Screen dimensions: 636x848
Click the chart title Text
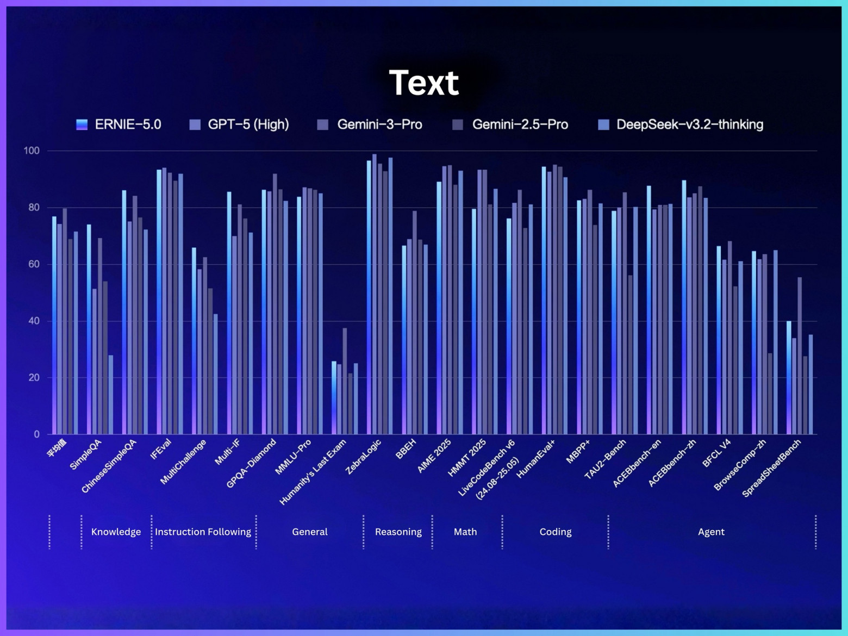(424, 83)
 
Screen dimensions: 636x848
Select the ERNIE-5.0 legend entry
(119, 124)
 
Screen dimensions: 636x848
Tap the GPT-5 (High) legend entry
(239, 124)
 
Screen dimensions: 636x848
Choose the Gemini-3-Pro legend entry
(370, 124)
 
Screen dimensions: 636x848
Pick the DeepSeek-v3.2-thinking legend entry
(681, 124)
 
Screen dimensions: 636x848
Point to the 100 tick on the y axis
(32, 151)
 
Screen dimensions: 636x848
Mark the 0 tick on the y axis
(36, 434)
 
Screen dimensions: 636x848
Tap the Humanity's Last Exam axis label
(313, 472)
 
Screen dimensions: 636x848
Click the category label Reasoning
(398, 532)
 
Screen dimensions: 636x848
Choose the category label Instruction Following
(203, 532)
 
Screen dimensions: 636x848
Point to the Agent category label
(711, 532)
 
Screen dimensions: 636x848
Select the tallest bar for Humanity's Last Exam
(345, 381)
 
